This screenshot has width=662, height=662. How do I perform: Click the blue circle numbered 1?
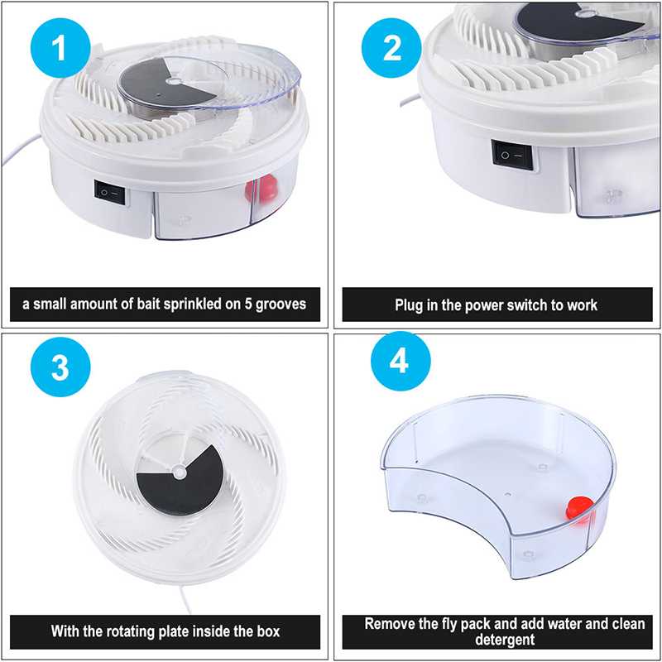[x=60, y=48]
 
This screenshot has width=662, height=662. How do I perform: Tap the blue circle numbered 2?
[x=391, y=48]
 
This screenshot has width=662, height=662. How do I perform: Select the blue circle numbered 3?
[x=60, y=367]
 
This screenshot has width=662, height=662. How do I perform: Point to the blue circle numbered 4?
[x=401, y=361]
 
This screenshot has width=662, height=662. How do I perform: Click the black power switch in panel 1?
[x=110, y=193]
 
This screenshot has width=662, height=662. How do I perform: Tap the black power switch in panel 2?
[x=512, y=155]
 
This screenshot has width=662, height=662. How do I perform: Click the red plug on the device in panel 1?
[x=261, y=188]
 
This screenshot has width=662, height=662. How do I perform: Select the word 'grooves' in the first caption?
[x=281, y=305]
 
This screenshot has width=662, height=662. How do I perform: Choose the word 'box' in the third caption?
[x=266, y=631]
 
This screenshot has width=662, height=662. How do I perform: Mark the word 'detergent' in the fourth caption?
[x=505, y=640]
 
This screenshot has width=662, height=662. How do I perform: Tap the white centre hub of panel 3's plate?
[x=180, y=472]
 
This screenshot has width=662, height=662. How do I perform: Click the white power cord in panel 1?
[x=22, y=150]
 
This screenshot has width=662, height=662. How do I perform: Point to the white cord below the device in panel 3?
[x=185, y=598]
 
